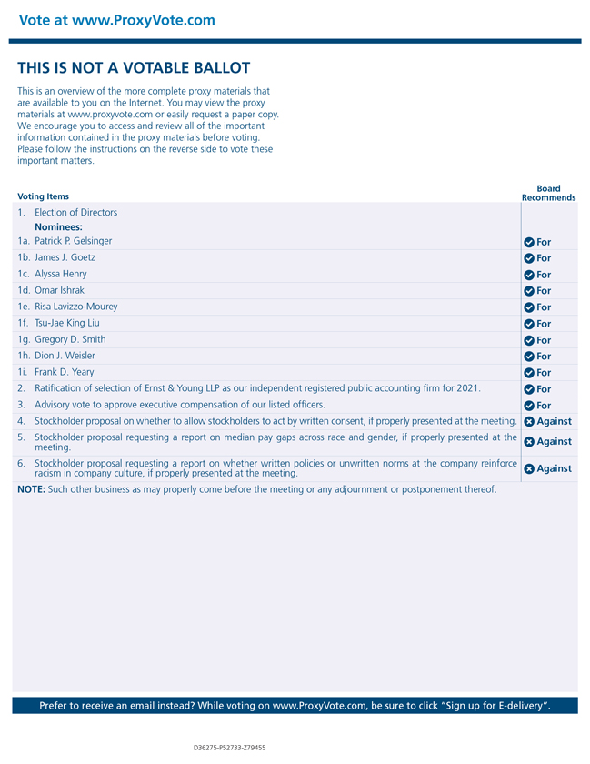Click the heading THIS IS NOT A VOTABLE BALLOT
[x=134, y=68]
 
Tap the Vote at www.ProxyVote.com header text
[x=116, y=20]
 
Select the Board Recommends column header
[x=548, y=193]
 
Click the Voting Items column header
[x=43, y=196]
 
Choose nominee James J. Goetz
[x=71, y=257]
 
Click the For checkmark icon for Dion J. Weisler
[x=529, y=357]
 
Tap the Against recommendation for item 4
[x=548, y=422]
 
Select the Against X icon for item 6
[x=529, y=469]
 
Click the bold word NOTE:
[x=31, y=489]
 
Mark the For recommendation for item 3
[x=537, y=406]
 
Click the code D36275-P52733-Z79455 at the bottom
[x=230, y=748]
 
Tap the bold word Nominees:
[x=58, y=226]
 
